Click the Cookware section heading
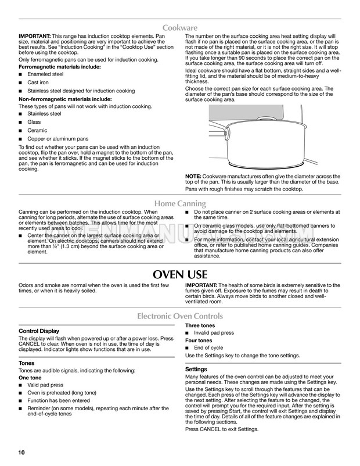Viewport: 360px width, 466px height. (x=180, y=27)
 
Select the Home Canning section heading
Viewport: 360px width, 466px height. (x=180, y=203)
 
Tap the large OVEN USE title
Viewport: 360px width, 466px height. (x=180, y=274)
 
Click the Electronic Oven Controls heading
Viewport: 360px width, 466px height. (x=180, y=317)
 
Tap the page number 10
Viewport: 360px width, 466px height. (x=23, y=451)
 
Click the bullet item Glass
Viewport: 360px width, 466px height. (x=35, y=123)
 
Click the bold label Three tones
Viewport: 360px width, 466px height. (x=200, y=326)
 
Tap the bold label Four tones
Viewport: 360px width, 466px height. (x=199, y=340)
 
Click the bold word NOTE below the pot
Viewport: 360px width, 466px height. (x=195, y=176)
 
